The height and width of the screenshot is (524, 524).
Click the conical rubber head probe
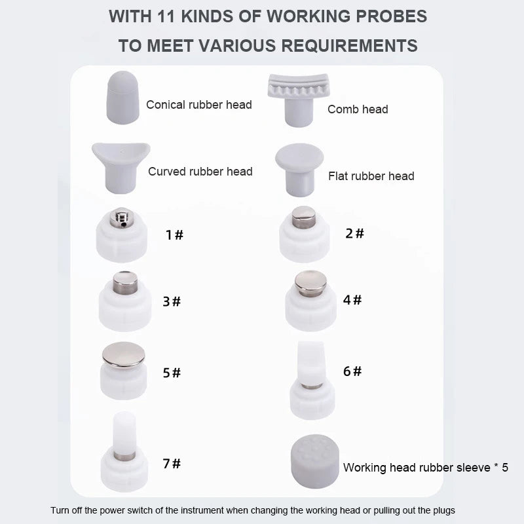tap(122, 98)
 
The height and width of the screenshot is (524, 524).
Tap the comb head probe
tap(299, 100)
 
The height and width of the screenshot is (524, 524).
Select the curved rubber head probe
tap(121, 168)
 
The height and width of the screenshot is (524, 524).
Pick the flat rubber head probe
tap(299, 170)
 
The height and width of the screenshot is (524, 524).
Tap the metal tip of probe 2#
tap(303, 217)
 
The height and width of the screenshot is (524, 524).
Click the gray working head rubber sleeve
tap(315, 461)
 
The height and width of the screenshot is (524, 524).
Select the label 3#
tap(172, 301)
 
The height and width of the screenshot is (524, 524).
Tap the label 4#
tap(352, 300)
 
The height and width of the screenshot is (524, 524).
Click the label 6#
tap(352, 371)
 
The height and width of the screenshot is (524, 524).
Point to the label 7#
tap(172, 464)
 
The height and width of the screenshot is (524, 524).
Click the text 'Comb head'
tap(358, 109)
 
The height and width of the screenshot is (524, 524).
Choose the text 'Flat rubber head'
tap(371, 176)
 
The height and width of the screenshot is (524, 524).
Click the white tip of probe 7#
tap(124, 433)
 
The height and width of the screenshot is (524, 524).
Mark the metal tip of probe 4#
tap(310, 283)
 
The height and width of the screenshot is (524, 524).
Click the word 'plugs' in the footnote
tap(444, 511)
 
